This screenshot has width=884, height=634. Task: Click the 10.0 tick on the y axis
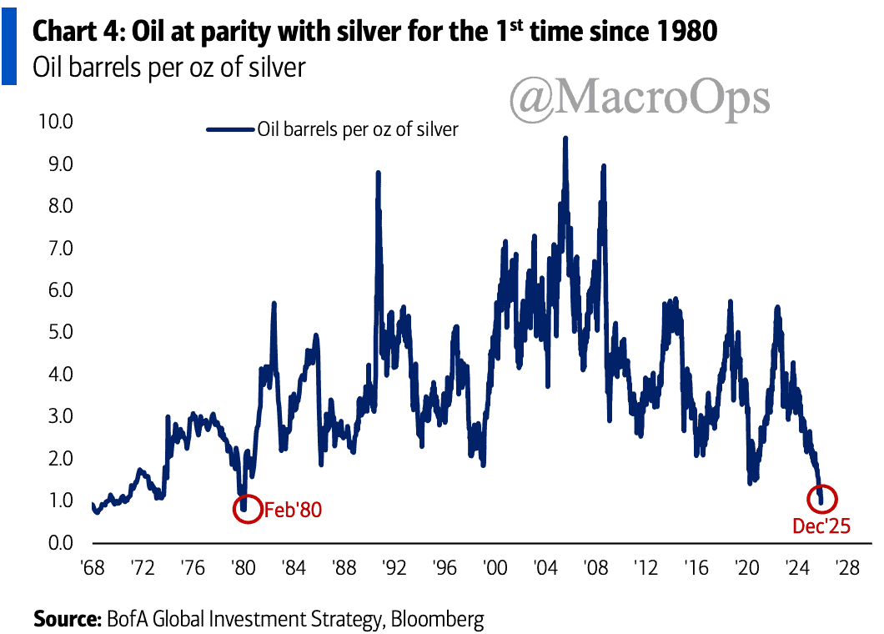pyautogui.click(x=56, y=122)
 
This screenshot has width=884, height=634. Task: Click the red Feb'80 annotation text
pyautogui.click(x=292, y=510)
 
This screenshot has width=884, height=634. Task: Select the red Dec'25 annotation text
pyautogui.click(x=821, y=526)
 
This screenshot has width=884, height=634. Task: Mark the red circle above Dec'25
pyautogui.click(x=822, y=499)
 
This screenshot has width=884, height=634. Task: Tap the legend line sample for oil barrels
pyautogui.click(x=229, y=129)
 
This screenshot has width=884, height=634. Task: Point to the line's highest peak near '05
pyautogui.click(x=565, y=138)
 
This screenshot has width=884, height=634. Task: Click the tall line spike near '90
pyautogui.click(x=378, y=173)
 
